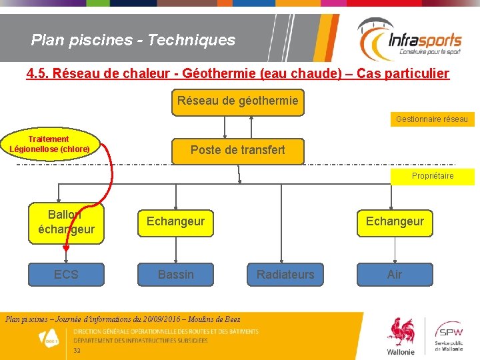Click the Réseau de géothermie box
[238, 103]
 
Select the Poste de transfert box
[237, 150]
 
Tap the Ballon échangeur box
[66, 221]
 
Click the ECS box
[66, 274]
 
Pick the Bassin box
[176, 274]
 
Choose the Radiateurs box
[285, 274]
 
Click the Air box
[395, 274]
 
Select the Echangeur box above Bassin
[176, 221]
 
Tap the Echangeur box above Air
[395, 221]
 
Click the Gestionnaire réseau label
[432, 119]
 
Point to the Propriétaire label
[433, 176]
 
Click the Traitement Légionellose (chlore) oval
[50, 144]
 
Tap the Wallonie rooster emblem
[400, 334]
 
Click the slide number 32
[77, 351]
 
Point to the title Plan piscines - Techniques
[133, 40]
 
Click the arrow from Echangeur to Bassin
[176, 249]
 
